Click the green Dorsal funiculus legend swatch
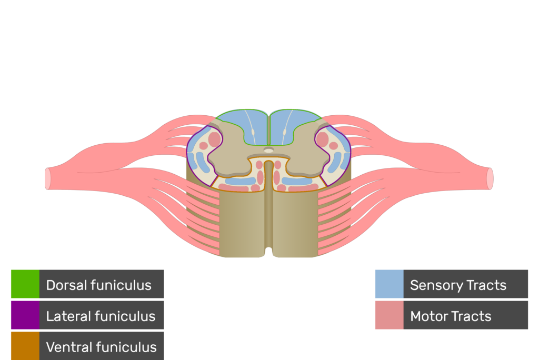coord(25,284)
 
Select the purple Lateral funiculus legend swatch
coord(25,315)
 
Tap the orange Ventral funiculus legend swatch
coord(25,346)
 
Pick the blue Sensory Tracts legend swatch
coord(389,284)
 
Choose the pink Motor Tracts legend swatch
coord(389,315)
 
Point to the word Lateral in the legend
coord(66,316)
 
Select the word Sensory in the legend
coord(433,286)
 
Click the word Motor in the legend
coord(428,316)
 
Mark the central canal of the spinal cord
coord(268,151)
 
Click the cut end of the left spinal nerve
coord(48,178)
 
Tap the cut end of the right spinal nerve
coord(490,178)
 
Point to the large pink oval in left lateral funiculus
coord(214,139)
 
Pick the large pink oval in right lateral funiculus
coord(322,139)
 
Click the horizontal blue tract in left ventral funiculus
coord(241,181)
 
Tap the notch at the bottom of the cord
coord(269,251)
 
